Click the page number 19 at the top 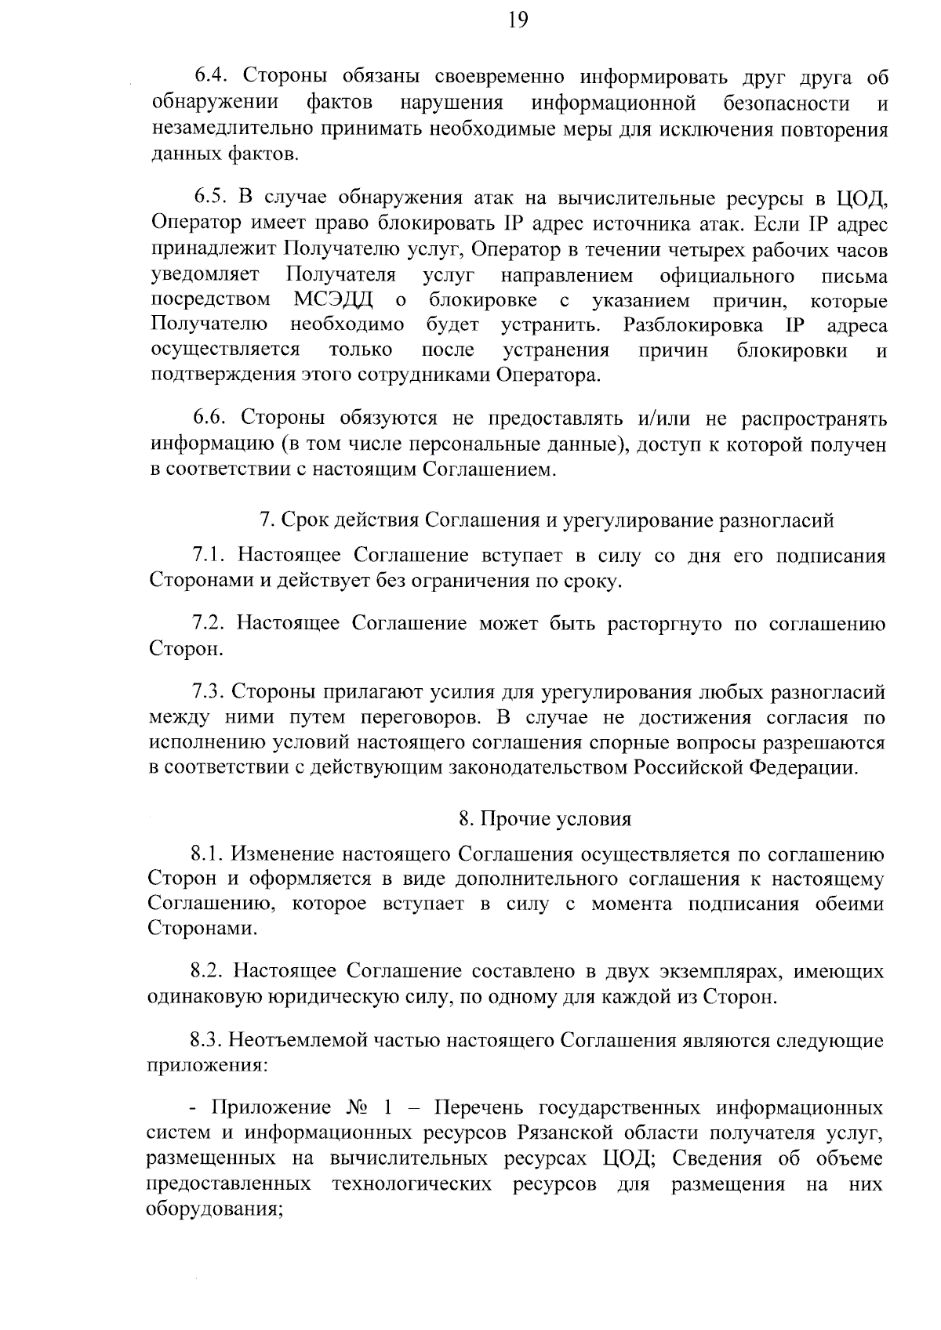pyautogui.click(x=518, y=20)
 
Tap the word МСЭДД pyautogui.click(x=333, y=300)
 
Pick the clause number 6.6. pyautogui.click(x=211, y=418)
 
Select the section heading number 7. pyautogui.click(x=266, y=520)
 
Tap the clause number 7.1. pyautogui.click(x=209, y=556)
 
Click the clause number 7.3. pyautogui.click(x=209, y=693)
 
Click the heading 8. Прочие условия pyautogui.click(x=545, y=819)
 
